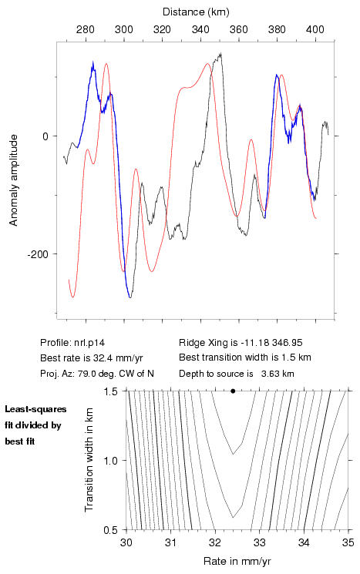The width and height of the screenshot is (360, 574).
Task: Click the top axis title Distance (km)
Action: click(x=196, y=12)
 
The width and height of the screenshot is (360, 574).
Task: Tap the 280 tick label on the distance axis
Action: click(x=86, y=29)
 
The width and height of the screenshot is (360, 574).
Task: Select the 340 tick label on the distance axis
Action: click(x=200, y=29)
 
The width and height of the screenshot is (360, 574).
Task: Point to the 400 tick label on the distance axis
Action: click(x=315, y=29)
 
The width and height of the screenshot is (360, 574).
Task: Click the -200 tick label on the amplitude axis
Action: click(x=38, y=253)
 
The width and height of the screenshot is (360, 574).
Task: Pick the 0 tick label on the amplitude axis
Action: click(x=45, y=136)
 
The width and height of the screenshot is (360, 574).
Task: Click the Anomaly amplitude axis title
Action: click(x=14, y=180)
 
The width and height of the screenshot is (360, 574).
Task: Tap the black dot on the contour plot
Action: click(x=233, y=391)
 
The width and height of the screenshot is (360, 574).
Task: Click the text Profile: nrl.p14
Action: click(x=72, y=343)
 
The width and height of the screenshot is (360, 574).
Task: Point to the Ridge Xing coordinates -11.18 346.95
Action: click(x=271, y=343)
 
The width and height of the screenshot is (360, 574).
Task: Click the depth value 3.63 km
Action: click(x=278, y=374)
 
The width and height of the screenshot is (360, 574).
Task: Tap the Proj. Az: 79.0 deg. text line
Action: click(x=97, y=374)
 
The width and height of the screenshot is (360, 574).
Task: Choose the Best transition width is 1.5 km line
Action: click(x=245, y=357)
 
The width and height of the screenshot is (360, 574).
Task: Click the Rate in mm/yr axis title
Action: click(x=237, y=561)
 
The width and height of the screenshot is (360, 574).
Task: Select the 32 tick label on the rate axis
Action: click(x=215, y=542)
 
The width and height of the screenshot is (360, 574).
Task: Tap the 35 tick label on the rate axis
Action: click(x=348, y=542)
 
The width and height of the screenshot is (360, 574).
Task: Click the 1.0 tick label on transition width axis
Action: click(x=110, y=461)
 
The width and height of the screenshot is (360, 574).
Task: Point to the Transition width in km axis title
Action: click(x=89, y=460)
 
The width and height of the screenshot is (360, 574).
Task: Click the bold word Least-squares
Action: click(x=36, y=409)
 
